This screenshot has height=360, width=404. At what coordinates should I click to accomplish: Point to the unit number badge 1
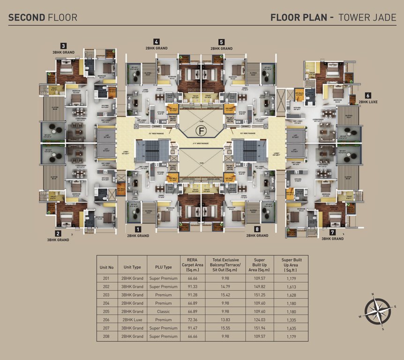coord(138,229)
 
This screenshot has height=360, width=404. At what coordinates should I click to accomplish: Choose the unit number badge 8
coord(257,229)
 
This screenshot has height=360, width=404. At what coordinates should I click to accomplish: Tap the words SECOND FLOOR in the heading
coord(43,18)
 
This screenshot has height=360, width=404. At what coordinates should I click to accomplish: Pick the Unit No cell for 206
coord(106,320)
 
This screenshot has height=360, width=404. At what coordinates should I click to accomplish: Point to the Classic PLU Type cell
coord(163,311)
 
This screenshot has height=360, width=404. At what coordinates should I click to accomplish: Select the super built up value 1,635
coord(294,328)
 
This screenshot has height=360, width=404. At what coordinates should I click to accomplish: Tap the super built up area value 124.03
coord(262,320)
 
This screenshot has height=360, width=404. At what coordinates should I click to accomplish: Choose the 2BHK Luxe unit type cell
coord(132,320)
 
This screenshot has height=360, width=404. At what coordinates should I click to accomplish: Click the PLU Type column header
coord(163,267)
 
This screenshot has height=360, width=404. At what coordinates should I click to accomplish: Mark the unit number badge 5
coord(221,42)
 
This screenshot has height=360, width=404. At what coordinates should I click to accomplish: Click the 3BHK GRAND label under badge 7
coord(332,239)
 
